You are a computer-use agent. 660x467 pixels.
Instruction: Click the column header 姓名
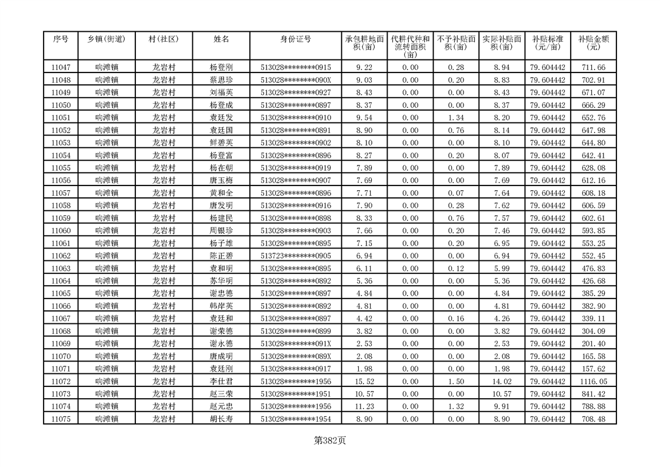[221, 39]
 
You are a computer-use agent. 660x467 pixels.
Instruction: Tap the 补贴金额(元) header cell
[593, 43]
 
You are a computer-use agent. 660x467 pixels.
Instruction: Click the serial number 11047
[61, 68]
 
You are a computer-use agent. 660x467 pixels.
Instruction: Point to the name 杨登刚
[221, 68]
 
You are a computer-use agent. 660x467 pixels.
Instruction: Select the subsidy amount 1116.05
[593, 382]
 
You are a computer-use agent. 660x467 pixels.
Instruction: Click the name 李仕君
[221, 382]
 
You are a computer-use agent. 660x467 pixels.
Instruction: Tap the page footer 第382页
[330, 440]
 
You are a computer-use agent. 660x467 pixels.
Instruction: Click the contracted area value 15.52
[364, 382]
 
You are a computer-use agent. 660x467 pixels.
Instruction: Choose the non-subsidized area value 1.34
[456, 118]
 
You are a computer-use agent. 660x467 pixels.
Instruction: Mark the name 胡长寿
[221, 419]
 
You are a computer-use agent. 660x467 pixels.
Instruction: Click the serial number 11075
[61, 419]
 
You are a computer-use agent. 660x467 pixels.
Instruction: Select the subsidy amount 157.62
[593, 369]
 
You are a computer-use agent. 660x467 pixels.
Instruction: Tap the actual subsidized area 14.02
[501, 382]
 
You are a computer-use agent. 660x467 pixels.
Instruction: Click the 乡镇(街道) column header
[106, 39]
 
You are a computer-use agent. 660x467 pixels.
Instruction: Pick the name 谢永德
[221, 344]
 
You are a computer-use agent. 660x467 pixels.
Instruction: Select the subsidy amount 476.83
[593, 269]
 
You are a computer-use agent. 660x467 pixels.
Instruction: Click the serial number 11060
[61, 231]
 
